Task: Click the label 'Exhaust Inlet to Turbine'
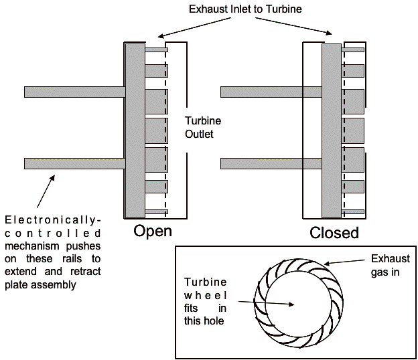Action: point(245,9)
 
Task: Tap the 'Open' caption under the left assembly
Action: point(153,232)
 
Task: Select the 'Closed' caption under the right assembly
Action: point(334,233)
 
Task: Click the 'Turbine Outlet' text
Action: point(202,127)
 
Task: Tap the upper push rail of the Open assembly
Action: point(74,91)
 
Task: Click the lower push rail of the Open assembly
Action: point(74,163)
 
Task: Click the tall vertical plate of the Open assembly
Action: point(134,130)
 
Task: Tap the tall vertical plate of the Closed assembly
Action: point(331,130)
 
